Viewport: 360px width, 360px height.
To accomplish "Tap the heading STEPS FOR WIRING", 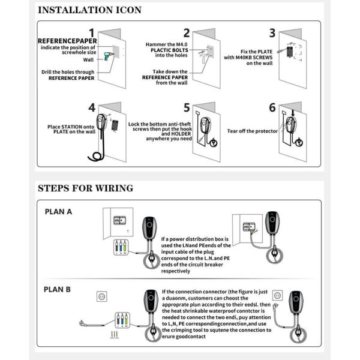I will [85, 188].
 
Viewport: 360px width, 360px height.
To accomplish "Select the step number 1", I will [92, 33].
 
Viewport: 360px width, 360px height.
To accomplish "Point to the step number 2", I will [187, 33].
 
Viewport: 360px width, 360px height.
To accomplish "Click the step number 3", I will [272, 33].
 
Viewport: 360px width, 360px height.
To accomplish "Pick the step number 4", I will [92, 108].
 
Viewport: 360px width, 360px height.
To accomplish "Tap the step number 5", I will [187, 108].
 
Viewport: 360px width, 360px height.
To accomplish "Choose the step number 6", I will [272, 108].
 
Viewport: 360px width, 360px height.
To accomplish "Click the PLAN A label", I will [58, 211].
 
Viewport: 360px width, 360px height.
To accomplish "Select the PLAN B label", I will [58, 289].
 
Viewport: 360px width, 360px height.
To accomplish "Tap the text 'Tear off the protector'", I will [252, 130].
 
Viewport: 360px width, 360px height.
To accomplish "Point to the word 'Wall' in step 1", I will [88, 60].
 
